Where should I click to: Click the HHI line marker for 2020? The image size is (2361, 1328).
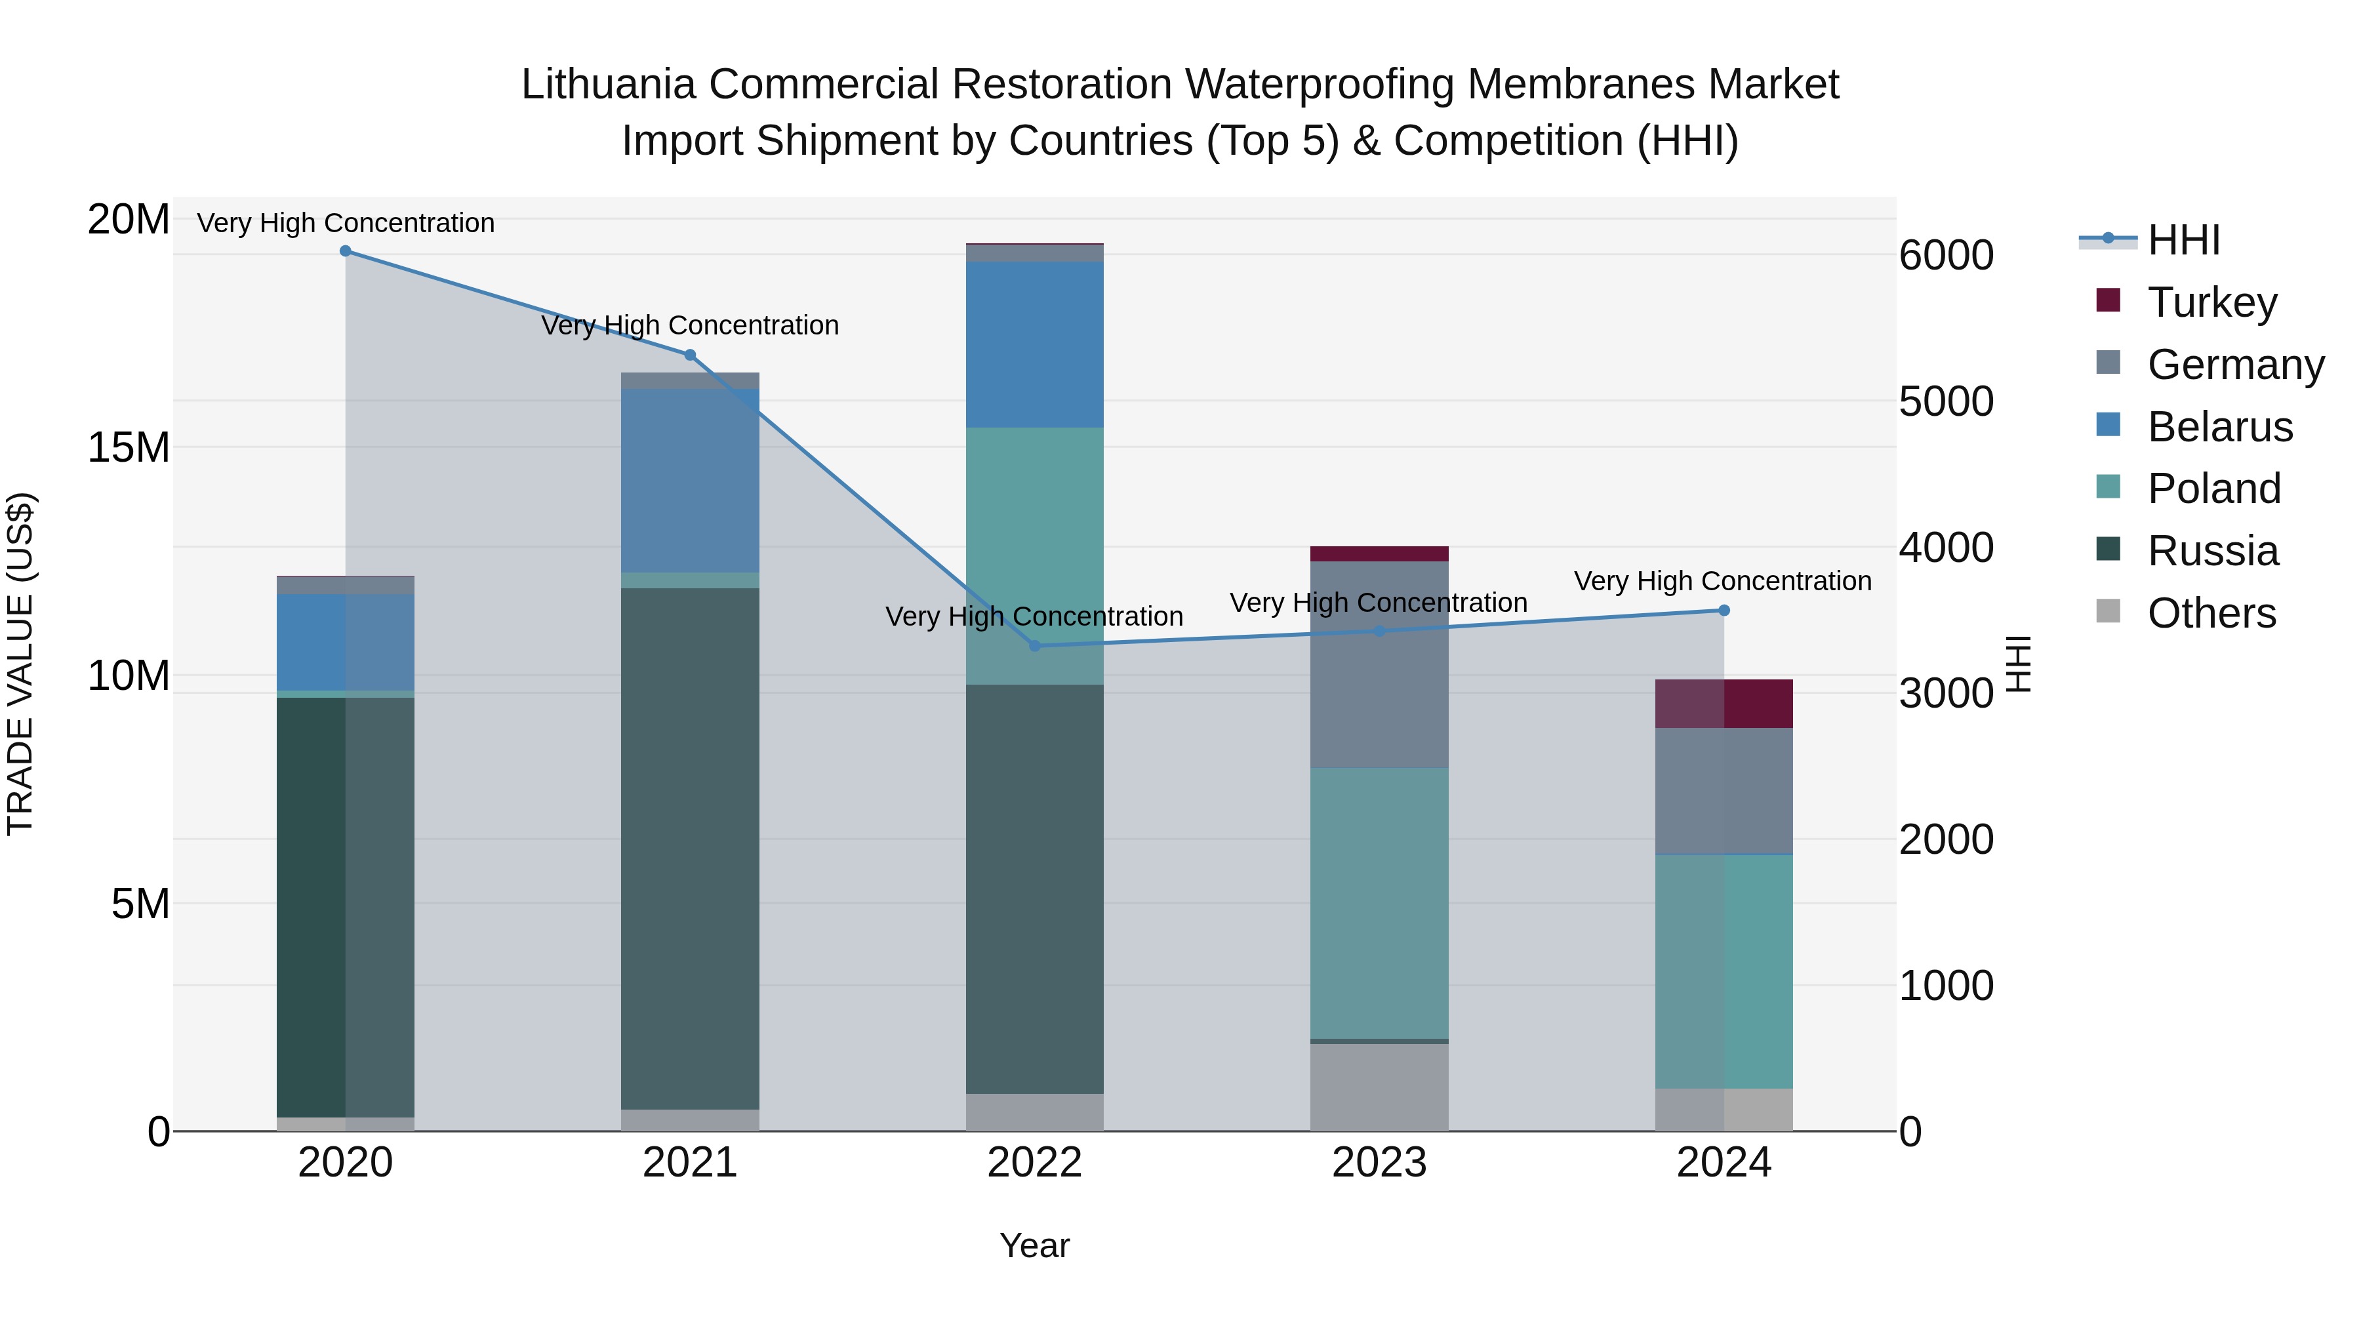346,251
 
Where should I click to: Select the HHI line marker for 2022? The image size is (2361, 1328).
1035,646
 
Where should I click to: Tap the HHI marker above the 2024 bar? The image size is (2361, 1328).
1724,611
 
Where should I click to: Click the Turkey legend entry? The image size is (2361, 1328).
2211,302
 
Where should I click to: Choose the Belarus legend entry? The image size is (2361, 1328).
2219,427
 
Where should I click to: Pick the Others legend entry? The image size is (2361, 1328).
2211,613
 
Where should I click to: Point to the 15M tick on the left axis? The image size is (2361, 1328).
129,448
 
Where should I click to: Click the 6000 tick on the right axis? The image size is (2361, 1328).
1946,256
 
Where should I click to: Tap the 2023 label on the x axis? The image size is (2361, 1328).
1379,1163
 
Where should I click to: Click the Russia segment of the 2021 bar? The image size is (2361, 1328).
690,848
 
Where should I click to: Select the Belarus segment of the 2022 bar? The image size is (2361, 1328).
1035,344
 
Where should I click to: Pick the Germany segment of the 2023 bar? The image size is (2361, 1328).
1379,664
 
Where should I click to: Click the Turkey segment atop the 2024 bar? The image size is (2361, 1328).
1724,704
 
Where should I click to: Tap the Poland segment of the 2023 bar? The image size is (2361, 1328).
1379,903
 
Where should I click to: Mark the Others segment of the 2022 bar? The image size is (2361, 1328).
1035,1112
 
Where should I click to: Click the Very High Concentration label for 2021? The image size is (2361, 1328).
690,325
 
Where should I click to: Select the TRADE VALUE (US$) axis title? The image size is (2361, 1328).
21,664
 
